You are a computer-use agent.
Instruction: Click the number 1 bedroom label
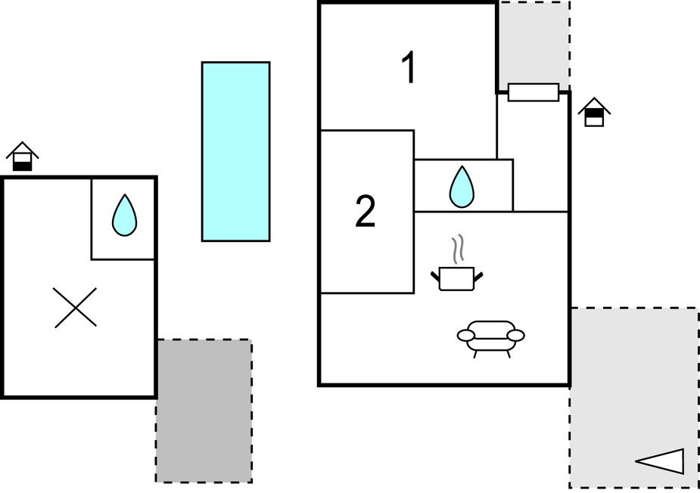pyautogui.click(x=409, y=68)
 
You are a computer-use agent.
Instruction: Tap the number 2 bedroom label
pyautogui.click(x=366, y=212)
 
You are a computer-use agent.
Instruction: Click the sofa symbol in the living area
pyautogui.click(x=490, y=336)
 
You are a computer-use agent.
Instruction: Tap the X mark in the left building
pyautogui.click(x=76, y=308)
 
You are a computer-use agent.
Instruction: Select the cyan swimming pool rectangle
pyautogui.click(x=235, y=151)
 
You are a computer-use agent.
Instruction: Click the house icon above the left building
pyautogui.click(x=23, y=157)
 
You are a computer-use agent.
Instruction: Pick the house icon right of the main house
pyautogui.click(x=595, y=112)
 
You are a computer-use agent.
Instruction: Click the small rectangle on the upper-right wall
pyautogui.click(x=534, y=92)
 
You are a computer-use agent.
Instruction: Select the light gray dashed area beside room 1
pyautogui.click(x=534, y=42)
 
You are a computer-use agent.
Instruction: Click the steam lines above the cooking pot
pyautogui.click(x=456, y=249)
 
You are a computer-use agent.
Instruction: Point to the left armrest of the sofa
pyautogui.click(x=465, y=334)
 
